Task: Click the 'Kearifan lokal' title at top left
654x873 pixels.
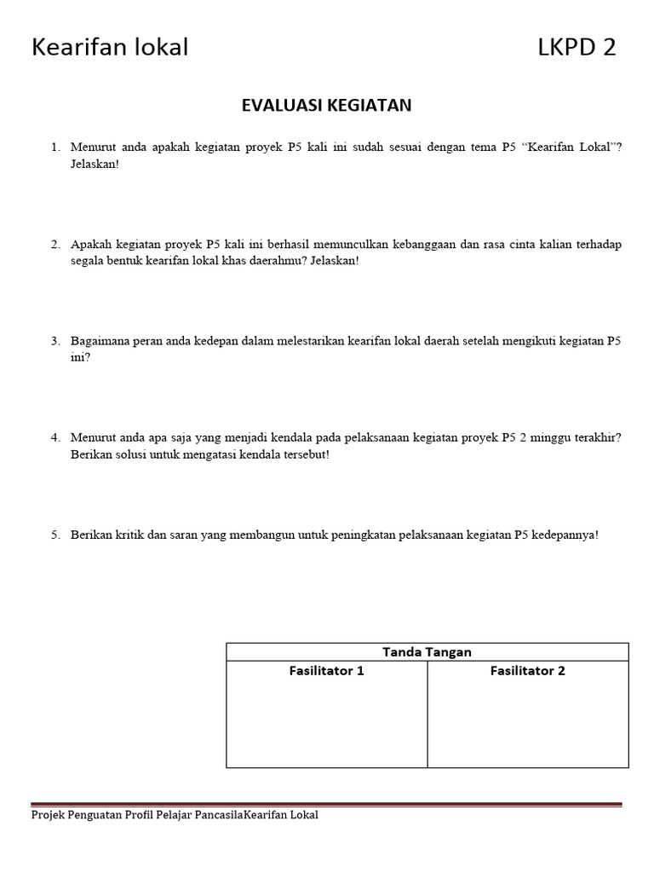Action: click(110, 48)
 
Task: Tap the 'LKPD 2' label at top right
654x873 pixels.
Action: click(577, 48)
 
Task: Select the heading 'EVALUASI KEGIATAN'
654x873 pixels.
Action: click(326, 105)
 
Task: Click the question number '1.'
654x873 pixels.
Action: click(55, 147)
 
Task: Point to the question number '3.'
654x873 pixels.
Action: click(55, 341)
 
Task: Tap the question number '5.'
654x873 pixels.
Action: click(55, 535)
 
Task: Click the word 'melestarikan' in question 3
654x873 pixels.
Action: click(310, 341)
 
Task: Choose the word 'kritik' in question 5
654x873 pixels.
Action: click(140, 535)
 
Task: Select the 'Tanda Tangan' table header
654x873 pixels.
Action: click(427, 652)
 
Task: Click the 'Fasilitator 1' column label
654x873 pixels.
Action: click(326, 671)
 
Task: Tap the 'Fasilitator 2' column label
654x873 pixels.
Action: click(527, 671)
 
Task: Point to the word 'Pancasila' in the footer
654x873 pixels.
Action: click(218, 815)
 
